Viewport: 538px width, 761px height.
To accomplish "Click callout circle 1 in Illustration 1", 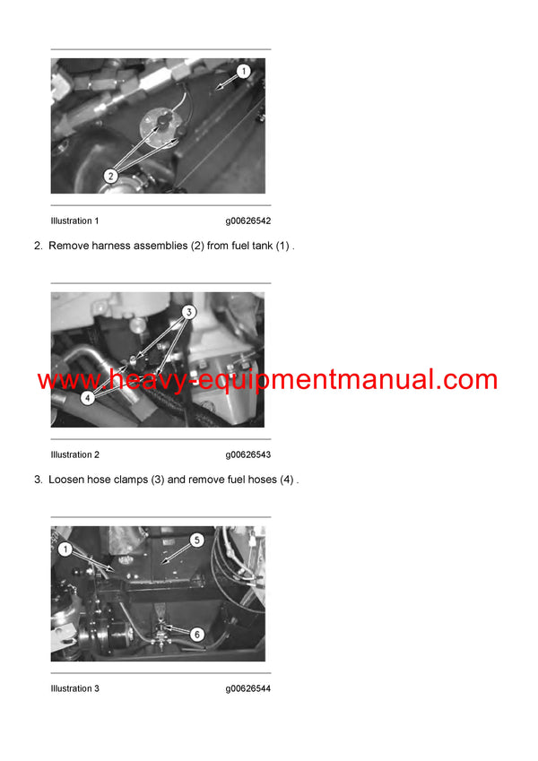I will click(x=242, y=71).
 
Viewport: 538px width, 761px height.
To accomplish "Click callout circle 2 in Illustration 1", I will click(x=110, y=177).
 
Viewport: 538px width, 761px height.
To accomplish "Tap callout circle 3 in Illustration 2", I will click(x=189, y=313).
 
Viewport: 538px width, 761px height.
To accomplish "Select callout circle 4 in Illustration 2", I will click(x=87, y=395).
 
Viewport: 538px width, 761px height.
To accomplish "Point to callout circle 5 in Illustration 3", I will click(x=197, y=540).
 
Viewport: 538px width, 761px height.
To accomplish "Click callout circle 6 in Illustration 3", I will click(x=197, y=634).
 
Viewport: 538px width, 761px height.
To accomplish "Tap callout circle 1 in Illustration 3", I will click(x=65, y=549).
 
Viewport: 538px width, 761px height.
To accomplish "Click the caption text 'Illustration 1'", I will click(x=75, y=221).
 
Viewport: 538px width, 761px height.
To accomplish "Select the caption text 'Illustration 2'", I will click(x=75, y=454).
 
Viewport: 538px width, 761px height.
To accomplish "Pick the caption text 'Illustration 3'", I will click(x=75, y=688).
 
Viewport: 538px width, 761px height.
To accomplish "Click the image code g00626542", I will click(x=248, y=221).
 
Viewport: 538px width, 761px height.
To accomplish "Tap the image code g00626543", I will click(x=248, y=454).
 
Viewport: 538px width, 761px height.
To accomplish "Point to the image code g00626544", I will click(x=248, y=688).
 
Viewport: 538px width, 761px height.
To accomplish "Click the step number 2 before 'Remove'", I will click(x=38, y=246).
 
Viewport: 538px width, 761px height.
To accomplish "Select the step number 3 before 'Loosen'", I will click(x=38, y=480).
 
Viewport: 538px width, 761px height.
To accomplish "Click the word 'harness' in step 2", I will click(x=110, y=246).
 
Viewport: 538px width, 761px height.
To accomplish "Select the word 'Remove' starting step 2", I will click(x=68, y=246).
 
